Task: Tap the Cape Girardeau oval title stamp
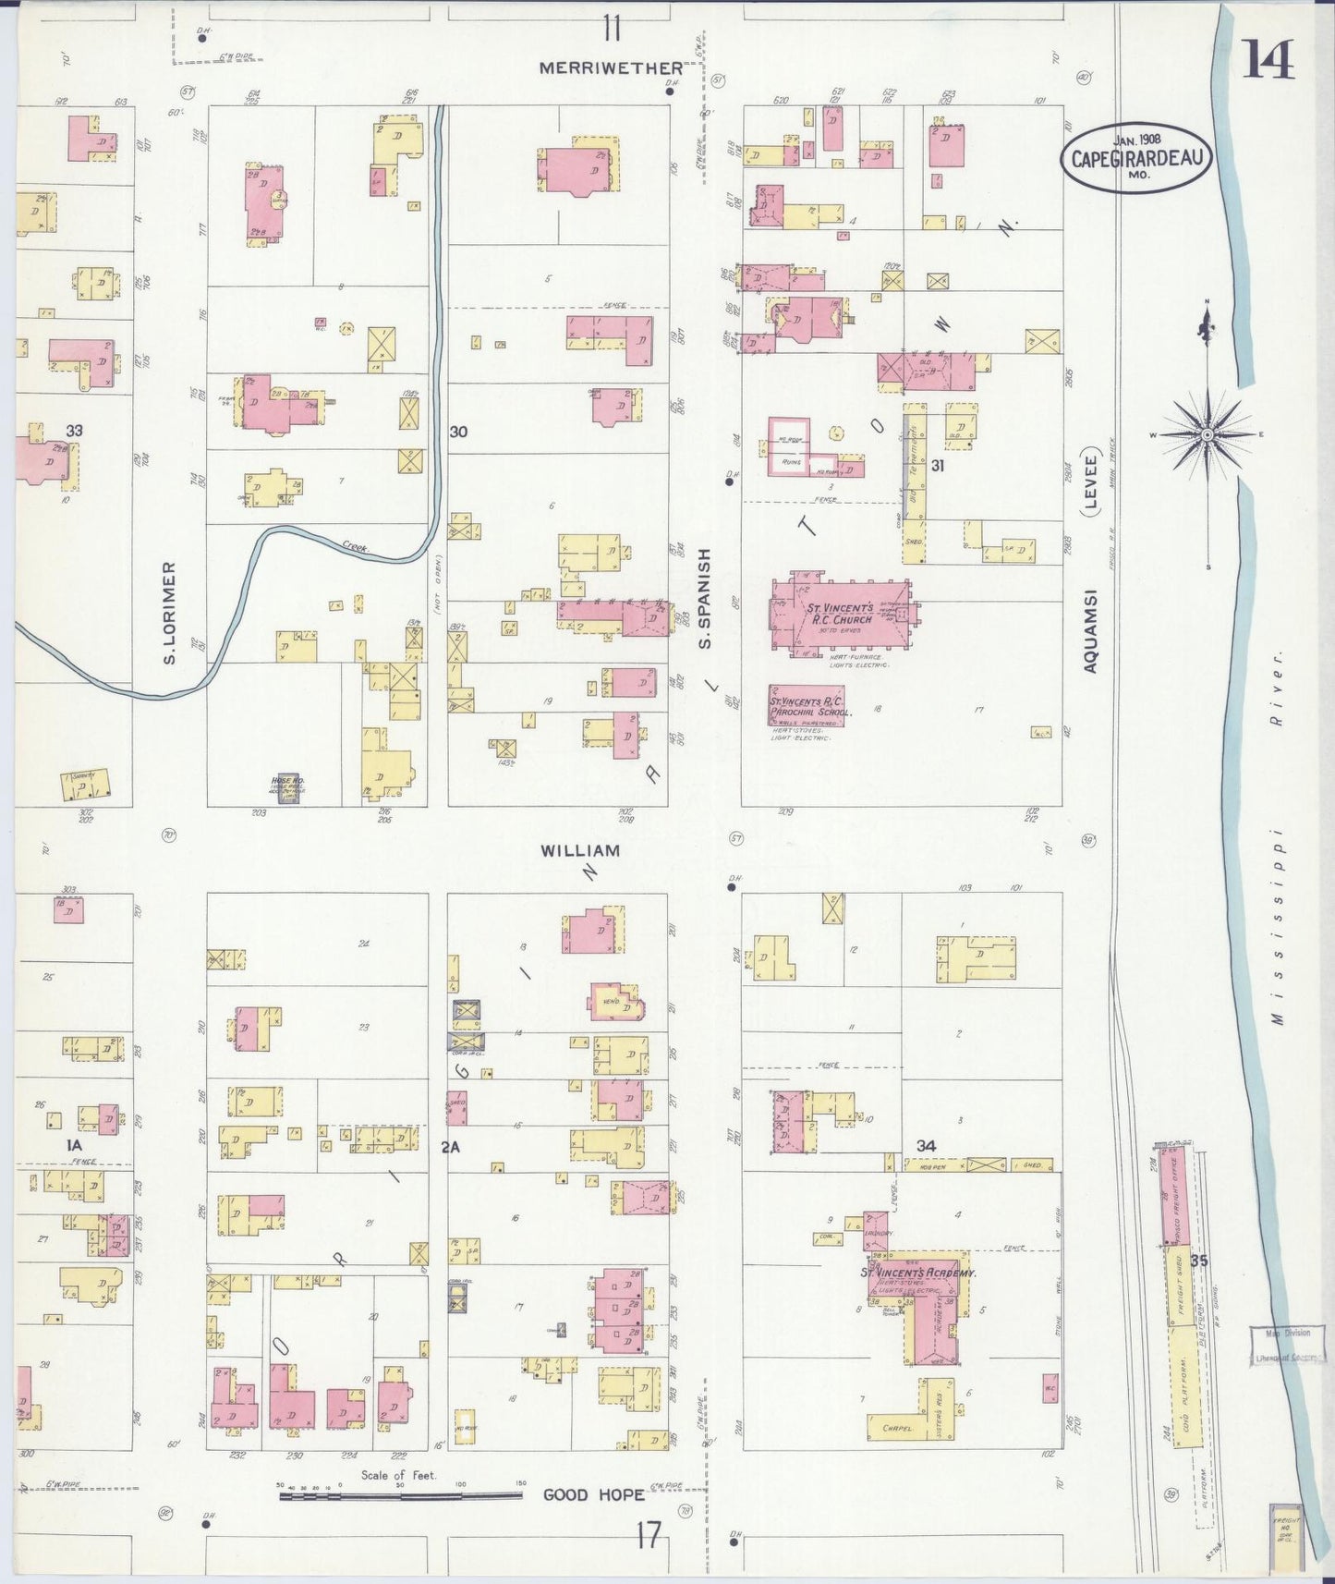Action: (x=1135, y=157)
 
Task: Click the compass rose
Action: (x=1208, y=433)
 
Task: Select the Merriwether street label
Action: (x=611, y=67)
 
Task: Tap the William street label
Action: (x=579, y=849)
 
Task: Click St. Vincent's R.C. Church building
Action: (x=839, y=614)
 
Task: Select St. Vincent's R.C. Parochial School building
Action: (x=806, y=706)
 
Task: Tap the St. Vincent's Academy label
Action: (x=917, y=1273)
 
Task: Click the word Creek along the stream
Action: (x=354, y=548)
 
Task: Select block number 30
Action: (x=458, y=432)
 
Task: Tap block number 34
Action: (x=926, y=1145)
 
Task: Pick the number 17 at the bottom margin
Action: (x=649, y=1536)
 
